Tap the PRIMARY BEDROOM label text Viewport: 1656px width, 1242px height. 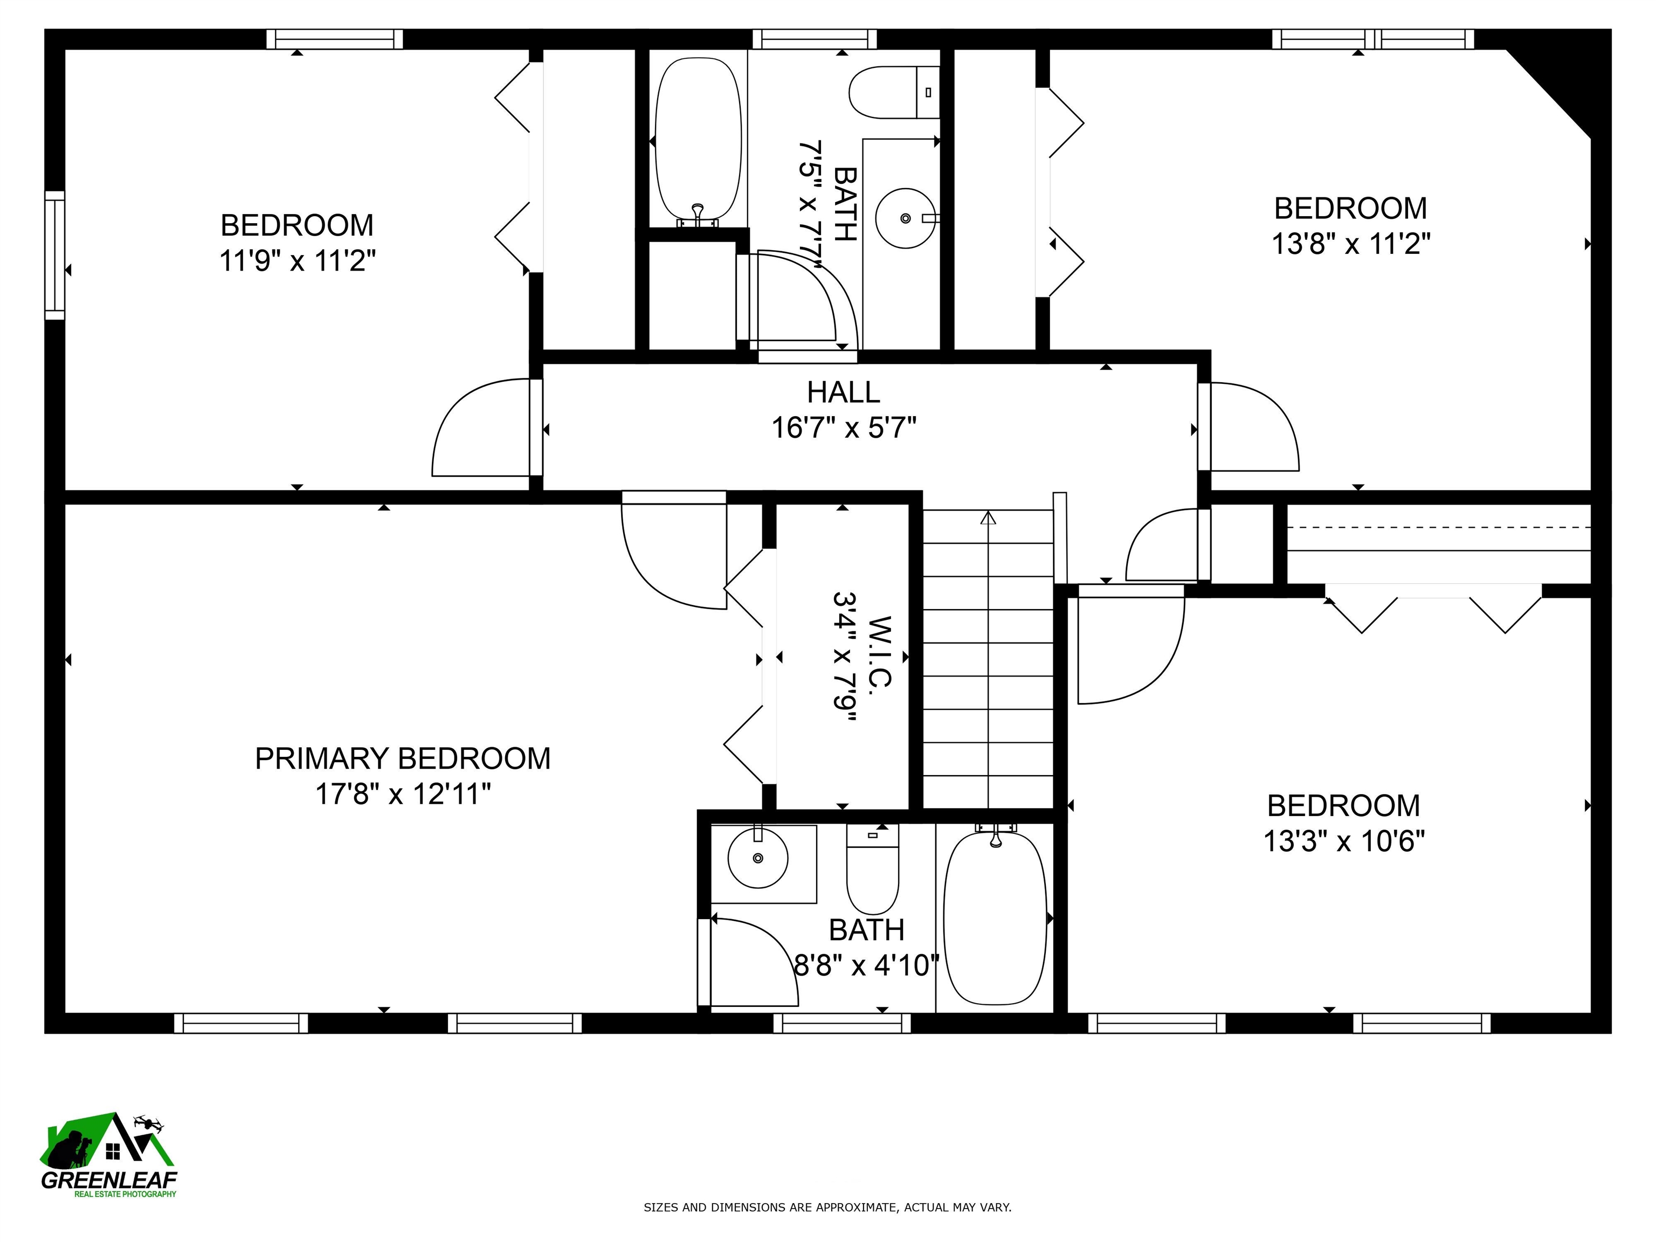pos(402,758)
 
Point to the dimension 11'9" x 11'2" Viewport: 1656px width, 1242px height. pos(297,261)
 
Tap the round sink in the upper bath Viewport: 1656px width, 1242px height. pos(905,218)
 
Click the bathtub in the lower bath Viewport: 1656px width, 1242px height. pos(995,919)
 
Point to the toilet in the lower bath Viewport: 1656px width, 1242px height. pos(872,868)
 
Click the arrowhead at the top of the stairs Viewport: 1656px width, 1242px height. pos(988,517)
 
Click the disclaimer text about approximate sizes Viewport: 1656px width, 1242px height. pos(827,1207)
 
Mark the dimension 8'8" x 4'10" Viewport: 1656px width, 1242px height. pos(866,966)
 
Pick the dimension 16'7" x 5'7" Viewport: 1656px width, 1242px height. pos(844,428)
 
